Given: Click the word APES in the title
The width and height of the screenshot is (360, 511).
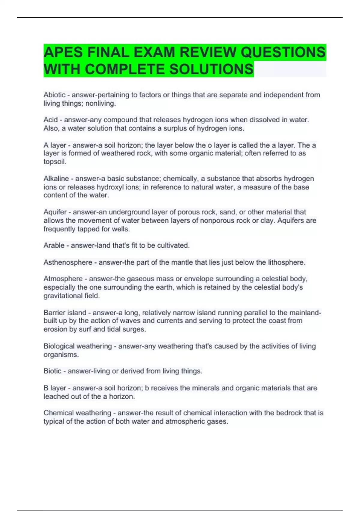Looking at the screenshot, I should click(x=63, y=52).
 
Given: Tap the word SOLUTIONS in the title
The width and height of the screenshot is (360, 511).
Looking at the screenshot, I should click(x=211, y=69).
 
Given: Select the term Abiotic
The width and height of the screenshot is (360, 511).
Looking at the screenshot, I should click(x=54, y=95).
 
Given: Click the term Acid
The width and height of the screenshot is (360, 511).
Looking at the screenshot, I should click(x=50, y=120).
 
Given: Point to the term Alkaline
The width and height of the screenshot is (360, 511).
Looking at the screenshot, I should click(x=56, y=179).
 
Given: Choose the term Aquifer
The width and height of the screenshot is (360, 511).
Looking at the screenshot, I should click(x=55, y=212).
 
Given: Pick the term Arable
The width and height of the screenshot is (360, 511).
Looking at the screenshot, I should click(x=54, y=245).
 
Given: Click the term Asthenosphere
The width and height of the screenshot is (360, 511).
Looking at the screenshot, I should click(x=68, y=262).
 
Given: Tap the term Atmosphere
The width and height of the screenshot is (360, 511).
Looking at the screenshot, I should click(x=63, y=279).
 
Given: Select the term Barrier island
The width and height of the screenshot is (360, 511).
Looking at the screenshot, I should click(x=65, y=313).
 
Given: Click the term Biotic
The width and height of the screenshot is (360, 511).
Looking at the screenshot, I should click(x=52, y=371).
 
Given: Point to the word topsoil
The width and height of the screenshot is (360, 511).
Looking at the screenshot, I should click(x=54, y=162).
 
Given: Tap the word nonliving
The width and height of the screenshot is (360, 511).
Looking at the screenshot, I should click(x=100, y=104).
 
